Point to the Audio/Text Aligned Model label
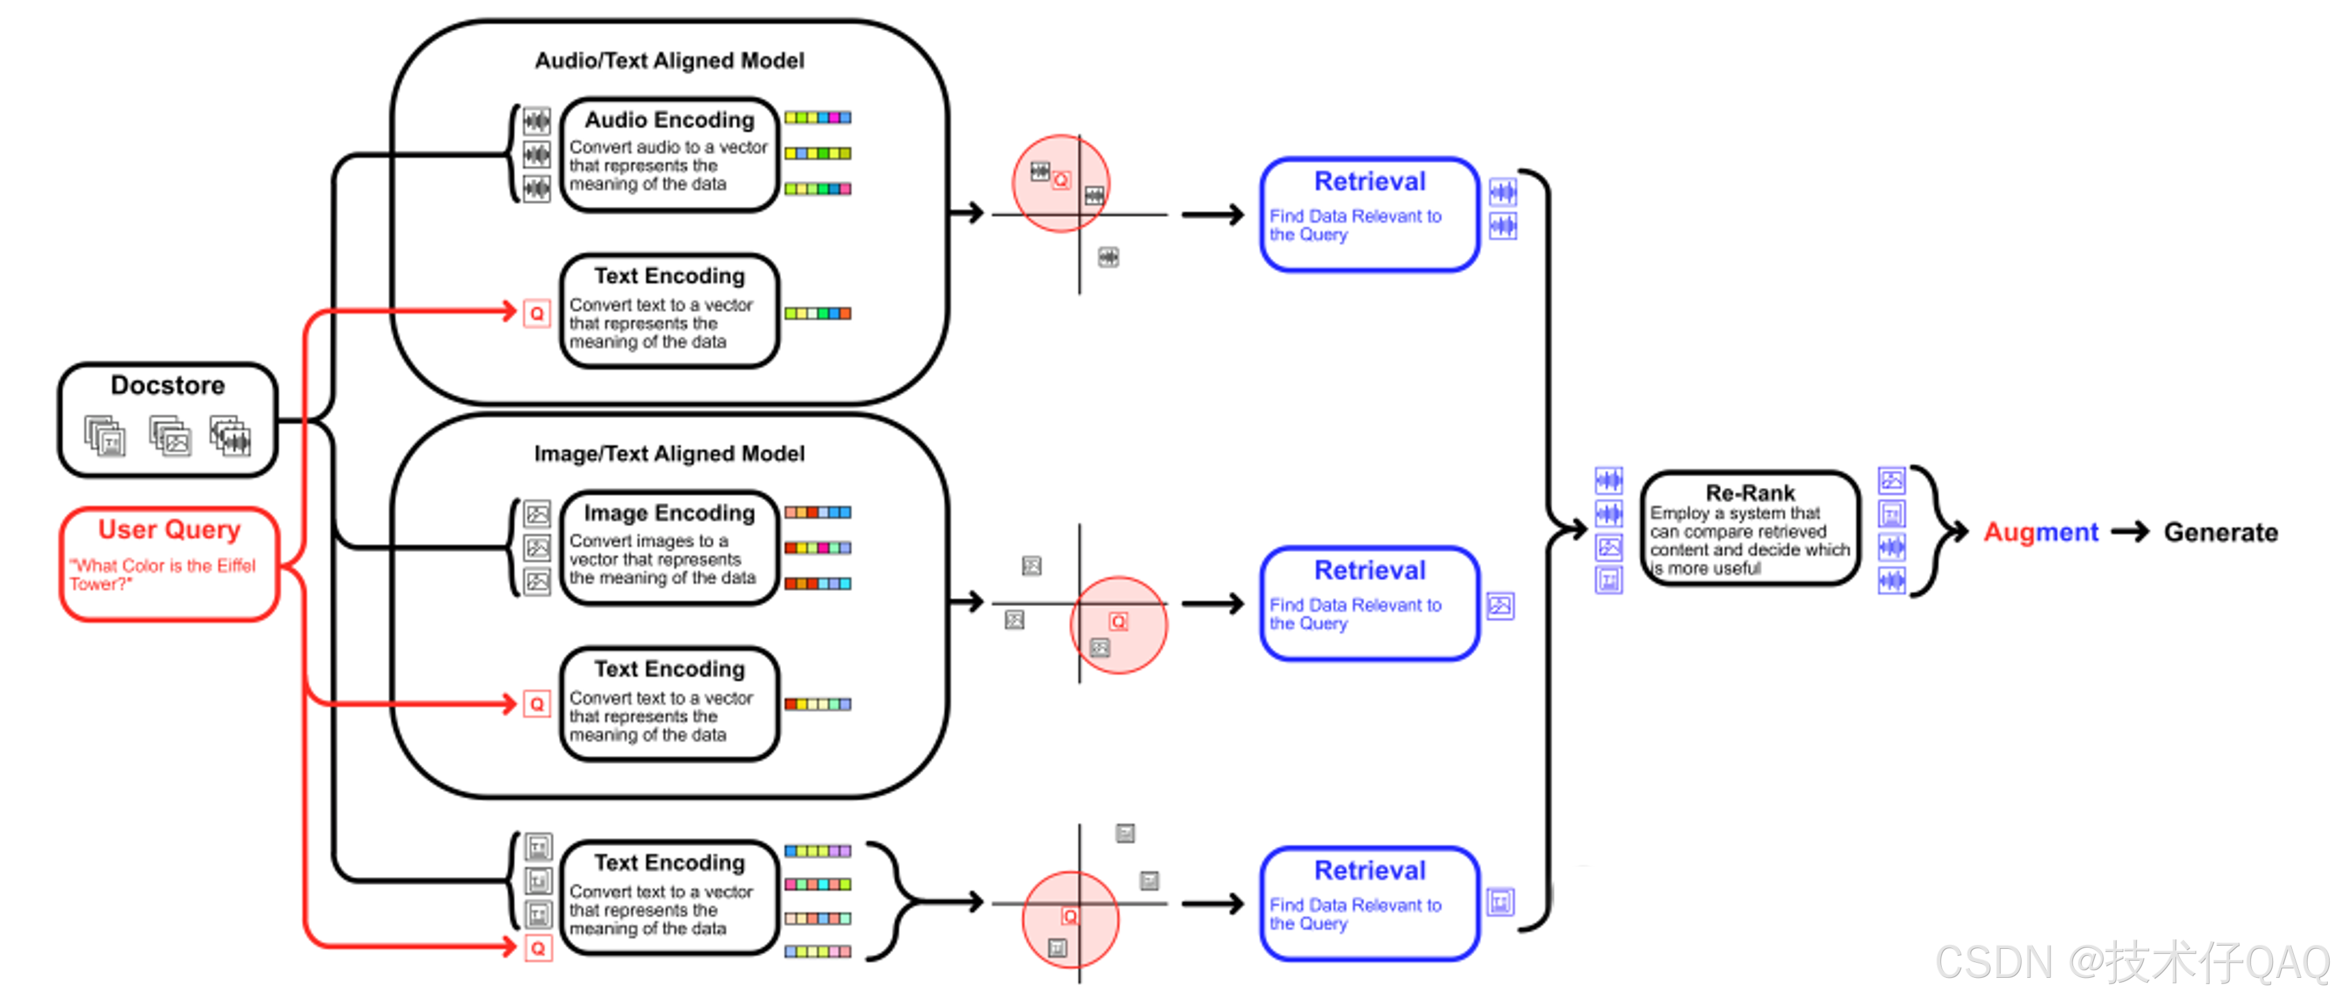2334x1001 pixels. (670, 61)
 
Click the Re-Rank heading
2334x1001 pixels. (1750, 493)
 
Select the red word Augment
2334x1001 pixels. (2040, 532)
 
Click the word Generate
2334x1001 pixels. (2221, 532)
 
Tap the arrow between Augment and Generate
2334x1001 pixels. (2130, 532)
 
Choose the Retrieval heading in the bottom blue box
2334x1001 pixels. (1370, 871)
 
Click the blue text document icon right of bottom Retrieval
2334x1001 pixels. (1500, 902)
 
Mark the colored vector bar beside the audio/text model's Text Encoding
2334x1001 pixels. (817, 313)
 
